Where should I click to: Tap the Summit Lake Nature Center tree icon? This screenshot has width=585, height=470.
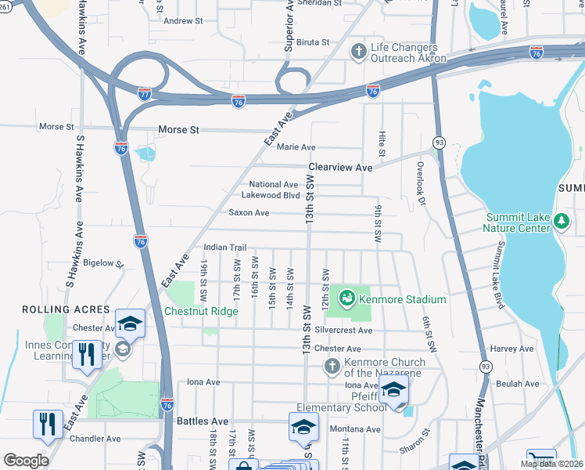(x=561, y=222)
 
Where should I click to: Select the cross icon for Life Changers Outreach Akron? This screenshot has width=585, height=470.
(x=359, y=52)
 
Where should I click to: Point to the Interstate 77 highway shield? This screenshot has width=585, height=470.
(x=145, y=93)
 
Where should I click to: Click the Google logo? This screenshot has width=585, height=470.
(x=26, y=460)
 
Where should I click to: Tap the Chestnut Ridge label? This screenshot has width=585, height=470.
(x=200, y=311)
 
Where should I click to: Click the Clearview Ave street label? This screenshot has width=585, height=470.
(x=340, y=168)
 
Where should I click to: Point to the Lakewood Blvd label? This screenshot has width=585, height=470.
(x=271, y=195)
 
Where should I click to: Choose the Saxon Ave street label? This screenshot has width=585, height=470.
(x=249, y=212)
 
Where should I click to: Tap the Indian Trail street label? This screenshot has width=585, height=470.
(x=224, y=248)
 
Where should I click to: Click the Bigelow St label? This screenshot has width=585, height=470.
(x=103, y=263)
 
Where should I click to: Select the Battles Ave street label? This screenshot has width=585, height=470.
(x=203, y=421)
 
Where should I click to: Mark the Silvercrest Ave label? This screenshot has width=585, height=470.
(x=343, y=331)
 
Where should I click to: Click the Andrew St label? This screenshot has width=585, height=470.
(x=183, y=21)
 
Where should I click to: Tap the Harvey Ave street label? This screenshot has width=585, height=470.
(x=511, y=349)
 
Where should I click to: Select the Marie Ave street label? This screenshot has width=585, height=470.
(x=296, y=147)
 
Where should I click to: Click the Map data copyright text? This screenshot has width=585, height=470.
(x=552, y=464)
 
